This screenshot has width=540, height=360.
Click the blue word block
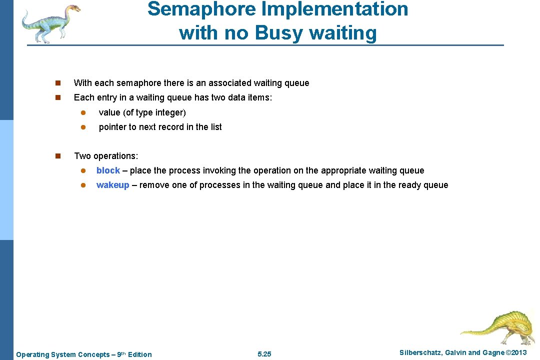click(108, 170)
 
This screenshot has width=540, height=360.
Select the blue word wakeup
click(112, 185)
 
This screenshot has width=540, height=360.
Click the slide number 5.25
click(264, 354)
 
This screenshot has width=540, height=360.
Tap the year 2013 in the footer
click(516, 353)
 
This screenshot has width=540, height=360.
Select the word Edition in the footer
click(140, 354)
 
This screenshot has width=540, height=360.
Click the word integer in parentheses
click(168, 112)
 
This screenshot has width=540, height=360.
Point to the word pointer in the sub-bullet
click(113, 127)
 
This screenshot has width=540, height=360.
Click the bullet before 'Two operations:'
click(58, 156)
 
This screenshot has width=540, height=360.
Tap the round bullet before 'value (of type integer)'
click(84, 112)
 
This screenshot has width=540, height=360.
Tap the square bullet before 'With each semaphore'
click(58, 83)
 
